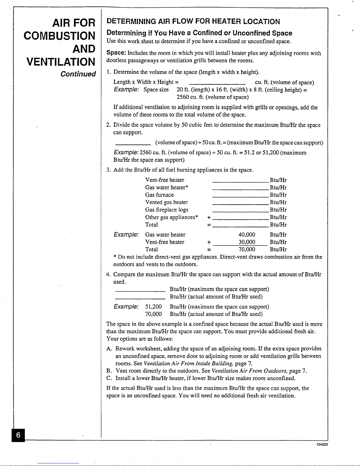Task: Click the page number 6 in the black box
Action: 18,435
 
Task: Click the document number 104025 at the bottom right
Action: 322,444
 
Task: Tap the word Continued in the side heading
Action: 78,74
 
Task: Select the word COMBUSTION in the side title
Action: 59,36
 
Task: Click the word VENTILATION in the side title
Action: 61,62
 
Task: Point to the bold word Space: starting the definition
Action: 116,53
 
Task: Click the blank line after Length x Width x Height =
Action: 217,83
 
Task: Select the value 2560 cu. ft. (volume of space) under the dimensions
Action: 212,97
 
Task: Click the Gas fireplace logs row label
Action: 166,210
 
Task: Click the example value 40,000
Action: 247,235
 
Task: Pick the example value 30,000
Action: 247,242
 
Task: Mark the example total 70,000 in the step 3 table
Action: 247,249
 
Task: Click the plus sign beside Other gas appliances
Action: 209,218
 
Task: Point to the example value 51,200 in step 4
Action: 153,307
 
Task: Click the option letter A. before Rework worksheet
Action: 109,349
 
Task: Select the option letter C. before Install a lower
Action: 109,378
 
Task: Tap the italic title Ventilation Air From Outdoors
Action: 250,371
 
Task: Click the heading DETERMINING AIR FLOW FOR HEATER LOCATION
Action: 193,21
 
